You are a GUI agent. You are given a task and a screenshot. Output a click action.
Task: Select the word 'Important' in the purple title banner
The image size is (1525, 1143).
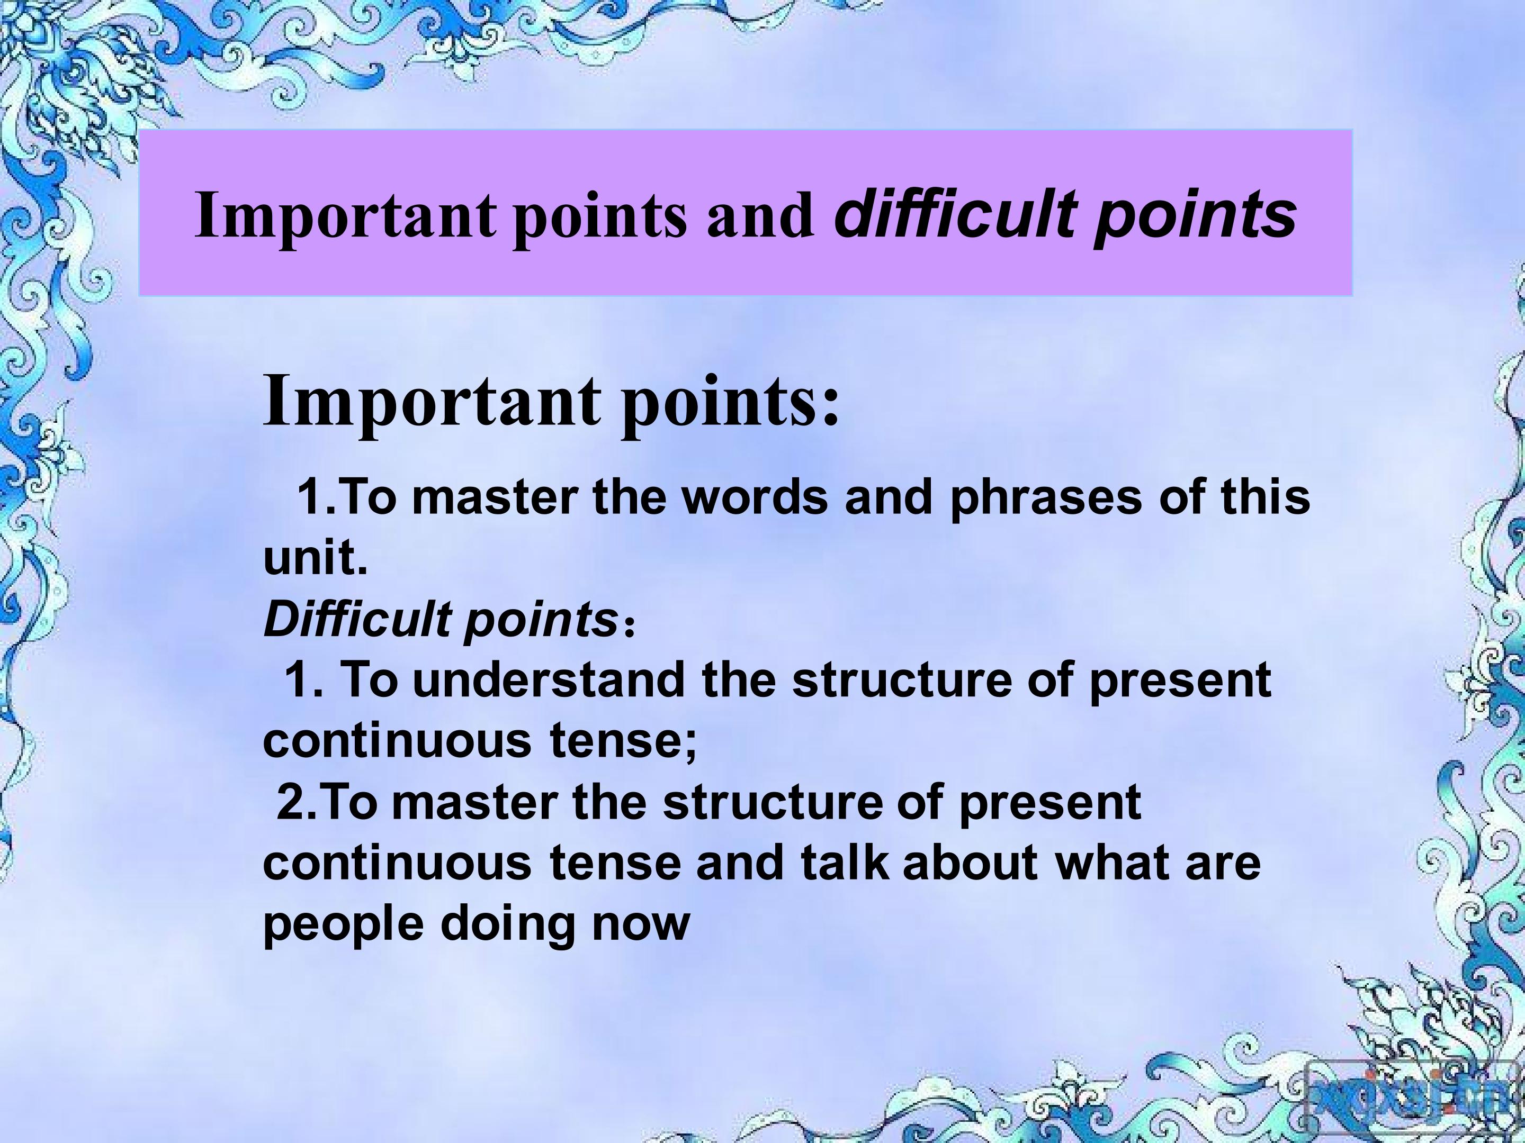point(345,216)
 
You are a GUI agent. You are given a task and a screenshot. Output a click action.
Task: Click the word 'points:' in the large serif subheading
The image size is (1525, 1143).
point(731,403)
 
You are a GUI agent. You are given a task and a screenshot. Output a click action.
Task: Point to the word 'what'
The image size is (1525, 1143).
point(1111,863)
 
